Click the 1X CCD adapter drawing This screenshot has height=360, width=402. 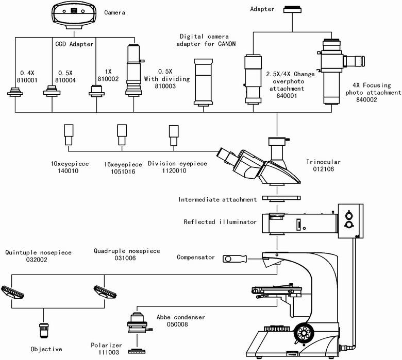(x=96, y=91)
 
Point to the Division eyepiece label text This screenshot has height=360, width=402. (x=177, y=164)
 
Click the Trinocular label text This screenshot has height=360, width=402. (x=324, y=161)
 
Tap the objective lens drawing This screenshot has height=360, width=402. (x=44, y=330)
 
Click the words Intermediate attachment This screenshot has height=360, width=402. (x=217, y=199)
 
